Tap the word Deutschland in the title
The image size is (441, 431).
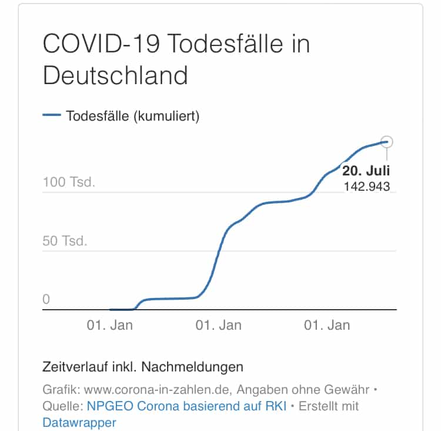coord(115,75)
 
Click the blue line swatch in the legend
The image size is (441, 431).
coord(52,116)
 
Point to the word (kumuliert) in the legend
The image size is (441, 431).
coord(167,116)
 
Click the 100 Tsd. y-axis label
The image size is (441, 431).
coord(69,182)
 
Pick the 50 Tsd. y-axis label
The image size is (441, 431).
coord(65,241)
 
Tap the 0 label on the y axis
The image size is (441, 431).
coord(46,299)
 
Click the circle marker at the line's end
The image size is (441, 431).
coord(387,142)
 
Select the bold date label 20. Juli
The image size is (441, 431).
coord(366,171)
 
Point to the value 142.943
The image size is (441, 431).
coord(367,187)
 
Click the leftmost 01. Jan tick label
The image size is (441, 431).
coord(109,325)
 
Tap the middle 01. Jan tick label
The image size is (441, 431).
coord(218,325)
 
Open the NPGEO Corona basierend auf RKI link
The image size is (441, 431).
coord(187,406)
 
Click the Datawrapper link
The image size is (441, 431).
coord(79,422)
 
